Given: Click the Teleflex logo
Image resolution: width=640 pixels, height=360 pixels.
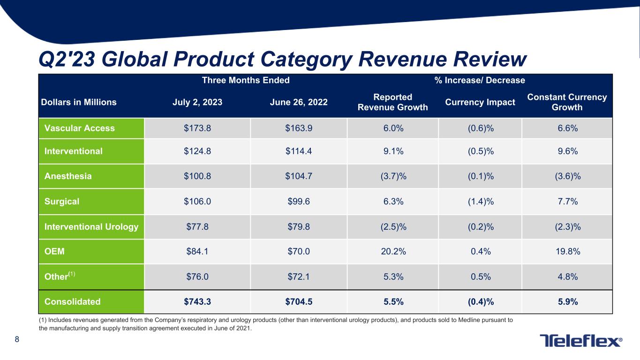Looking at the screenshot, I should (x=581, y=341).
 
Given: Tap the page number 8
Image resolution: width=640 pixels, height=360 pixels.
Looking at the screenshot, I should (x=17, y=340).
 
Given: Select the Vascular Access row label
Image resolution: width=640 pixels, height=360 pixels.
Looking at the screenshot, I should (x=79, y=128).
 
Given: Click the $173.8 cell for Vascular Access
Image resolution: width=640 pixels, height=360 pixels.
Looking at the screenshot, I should (x=197, y=128).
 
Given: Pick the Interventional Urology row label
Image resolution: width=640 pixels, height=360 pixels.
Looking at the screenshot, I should (x=91, y=227).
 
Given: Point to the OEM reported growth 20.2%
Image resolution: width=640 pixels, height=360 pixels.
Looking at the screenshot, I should (x=392, y=251).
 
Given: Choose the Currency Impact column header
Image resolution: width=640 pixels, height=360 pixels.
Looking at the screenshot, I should (x=480, y=102).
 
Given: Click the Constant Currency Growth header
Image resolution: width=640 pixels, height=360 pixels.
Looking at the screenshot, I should (x=567, y=102).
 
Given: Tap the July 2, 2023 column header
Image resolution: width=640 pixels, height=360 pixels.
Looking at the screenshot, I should (x=197, y=102).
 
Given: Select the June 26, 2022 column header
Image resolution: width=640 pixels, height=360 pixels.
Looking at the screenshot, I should (x=299, y=102).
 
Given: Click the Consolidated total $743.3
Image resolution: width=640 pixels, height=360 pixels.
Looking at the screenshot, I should (x=197, y=302).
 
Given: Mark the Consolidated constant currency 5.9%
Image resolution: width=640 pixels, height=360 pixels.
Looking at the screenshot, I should (x=567, y=302).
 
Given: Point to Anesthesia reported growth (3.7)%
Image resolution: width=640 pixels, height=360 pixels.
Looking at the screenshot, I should (x=392, y=176).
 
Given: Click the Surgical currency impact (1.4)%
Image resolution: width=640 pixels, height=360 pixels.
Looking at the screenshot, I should (x=480, y=202).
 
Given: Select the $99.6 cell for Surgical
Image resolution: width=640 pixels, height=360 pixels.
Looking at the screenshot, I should (x=299, y=202).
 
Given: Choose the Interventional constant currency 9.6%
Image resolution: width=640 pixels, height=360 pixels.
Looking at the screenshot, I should (x=567, y=151).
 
